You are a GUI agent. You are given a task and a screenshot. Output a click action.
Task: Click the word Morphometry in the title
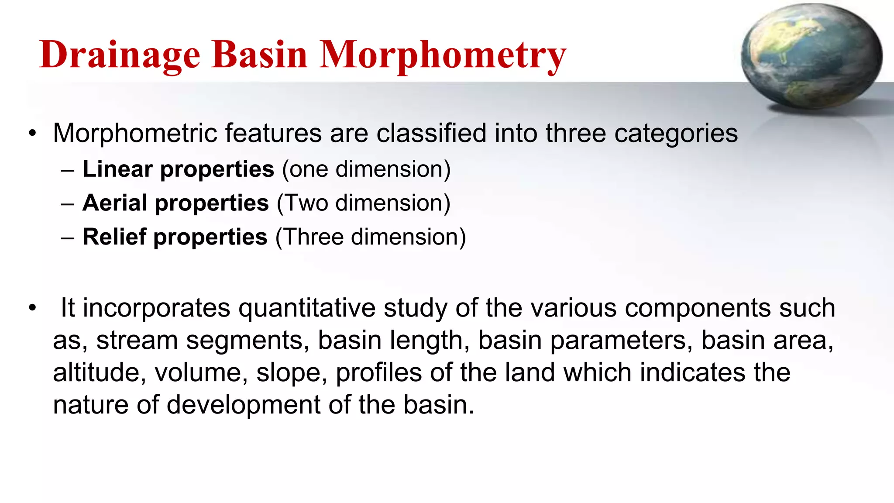[443, 55]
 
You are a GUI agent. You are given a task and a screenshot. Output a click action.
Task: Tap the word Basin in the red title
[260, 55]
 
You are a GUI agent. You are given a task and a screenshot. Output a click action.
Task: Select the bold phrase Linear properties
[178, 169]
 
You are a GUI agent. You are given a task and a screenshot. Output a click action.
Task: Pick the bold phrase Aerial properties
[175, 203]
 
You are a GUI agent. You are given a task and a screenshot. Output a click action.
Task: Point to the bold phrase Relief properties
[175, 238]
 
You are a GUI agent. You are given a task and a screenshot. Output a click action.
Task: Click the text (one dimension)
[366, 169]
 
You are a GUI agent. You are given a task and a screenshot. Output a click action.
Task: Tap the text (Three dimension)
[371, 238]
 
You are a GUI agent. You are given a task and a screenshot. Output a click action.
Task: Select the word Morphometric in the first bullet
[135, 133]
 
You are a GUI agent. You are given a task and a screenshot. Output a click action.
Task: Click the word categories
[676, 133]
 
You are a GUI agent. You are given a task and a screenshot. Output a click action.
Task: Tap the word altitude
[99, 373]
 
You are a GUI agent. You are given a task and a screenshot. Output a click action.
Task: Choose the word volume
[201, 373]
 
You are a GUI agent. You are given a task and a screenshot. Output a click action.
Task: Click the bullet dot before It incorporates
[32, 308]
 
